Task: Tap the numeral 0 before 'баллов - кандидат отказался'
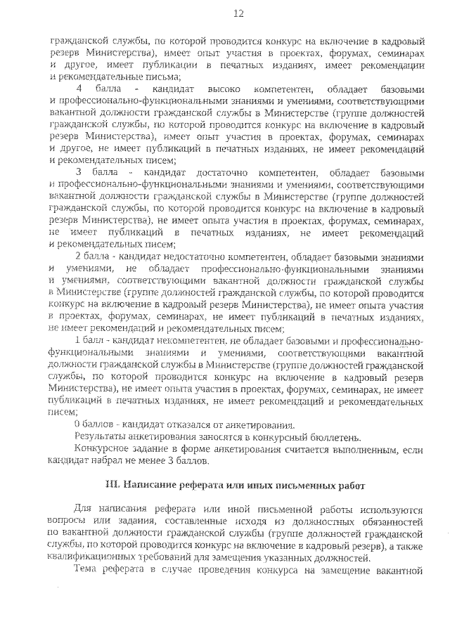(77, 424)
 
